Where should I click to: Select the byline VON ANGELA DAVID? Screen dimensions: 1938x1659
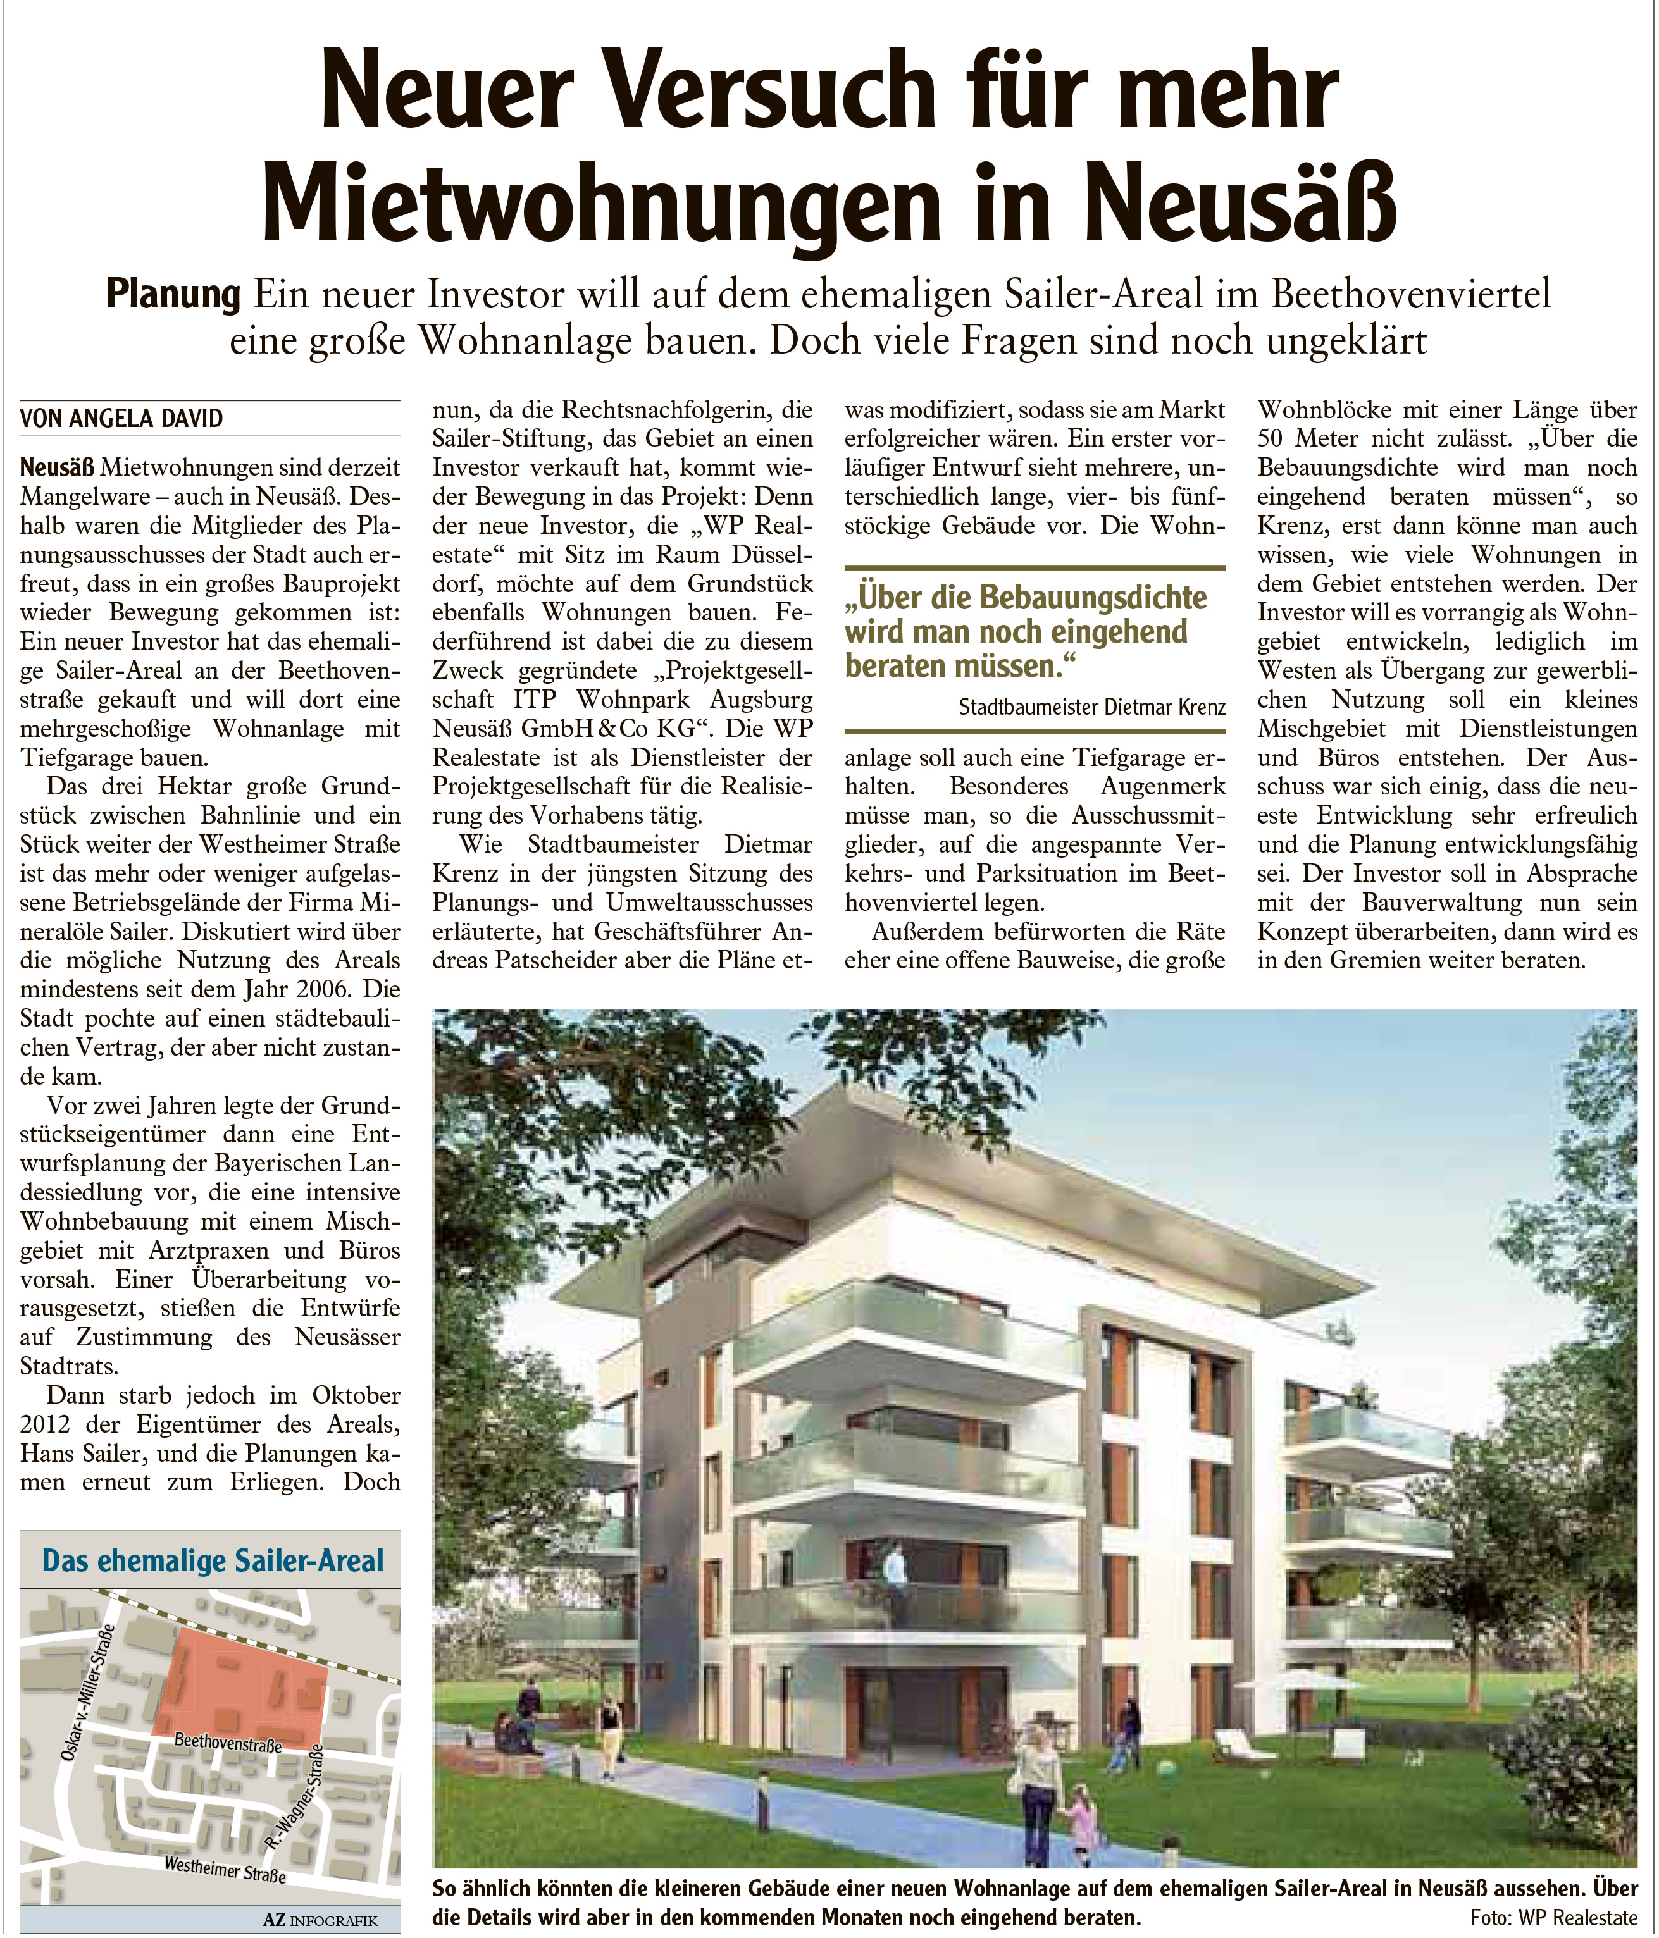click(x=121, y=418)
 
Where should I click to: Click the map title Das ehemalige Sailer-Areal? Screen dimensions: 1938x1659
click(x=213, y=1561)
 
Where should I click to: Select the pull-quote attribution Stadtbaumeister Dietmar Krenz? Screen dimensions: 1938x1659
click(x=1091, y=707)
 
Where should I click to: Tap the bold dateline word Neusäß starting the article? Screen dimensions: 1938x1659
click(x=57, y=467)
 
